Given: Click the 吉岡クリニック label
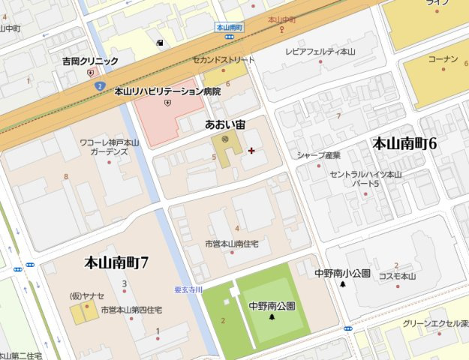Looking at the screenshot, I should pyautogui.click(x=90, y=61).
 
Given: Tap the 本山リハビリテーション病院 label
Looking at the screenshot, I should pyautogui.click(x=167, y=91).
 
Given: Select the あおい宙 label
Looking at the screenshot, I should pyautogui.click(x=225, y=124).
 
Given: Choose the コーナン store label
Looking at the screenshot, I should pyautogui.click(x=442, y=58).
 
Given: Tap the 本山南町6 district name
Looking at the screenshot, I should pyautogui.click(x=404, y=143).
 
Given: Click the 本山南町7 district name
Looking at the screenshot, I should pyautogui.click(x=116, y=262).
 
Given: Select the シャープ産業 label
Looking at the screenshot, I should pyautogui.click(x=318, y=155).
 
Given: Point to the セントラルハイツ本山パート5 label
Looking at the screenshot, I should pyautogui.click(x=366, y=178).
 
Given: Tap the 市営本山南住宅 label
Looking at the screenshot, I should pyautogui.click(x=232, y=244).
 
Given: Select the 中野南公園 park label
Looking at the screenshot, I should pyautogui.click(x=272, y=306).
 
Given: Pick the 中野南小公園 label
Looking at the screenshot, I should pyautogui.click(x=342, y=274).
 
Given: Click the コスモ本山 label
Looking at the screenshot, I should pyautogui.click(x=397, y=276).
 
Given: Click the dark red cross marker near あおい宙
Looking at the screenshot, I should pyautogui.click(x=251, y=151).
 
